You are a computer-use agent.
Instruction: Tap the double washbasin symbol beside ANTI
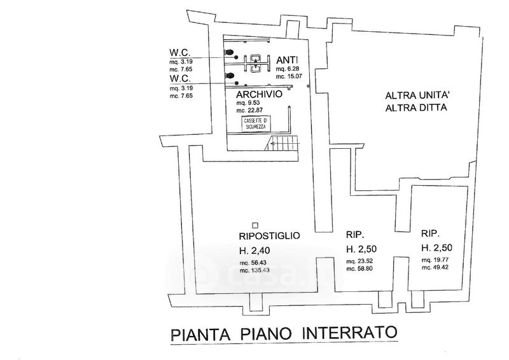pyautogui.click(x=255, y=62)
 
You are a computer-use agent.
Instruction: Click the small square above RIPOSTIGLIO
pyautogui.click(x=254, y=225)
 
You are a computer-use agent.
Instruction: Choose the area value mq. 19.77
pyautogui.click(x=436, y=260)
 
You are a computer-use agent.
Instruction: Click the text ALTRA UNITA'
pyautogui.click(x=417, y=96)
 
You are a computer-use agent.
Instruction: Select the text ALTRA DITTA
pyautogui.click(x=417, y=107)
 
